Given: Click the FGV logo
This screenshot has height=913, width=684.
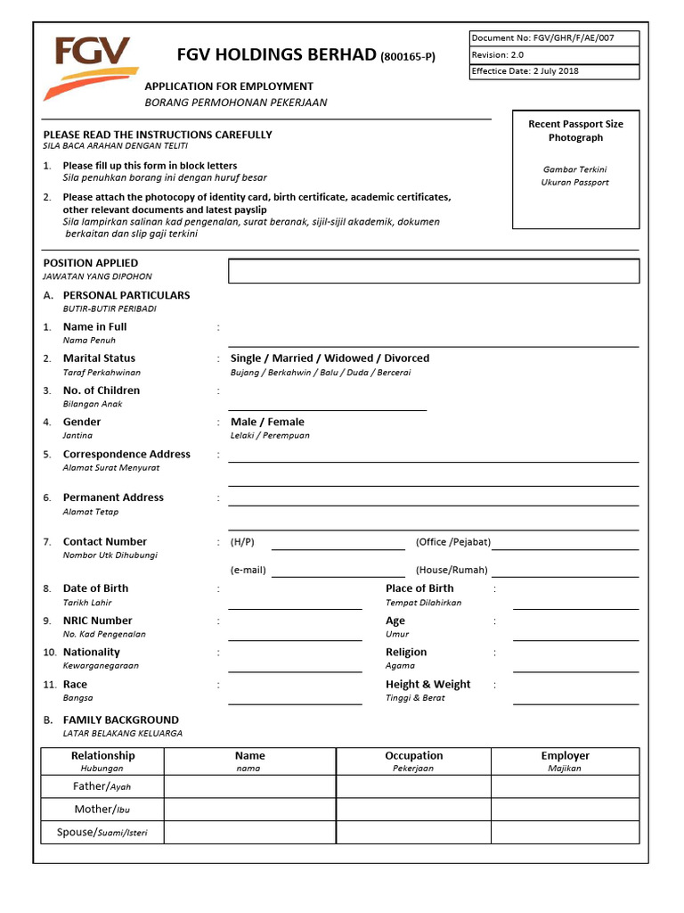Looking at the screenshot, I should [x=90, y=67].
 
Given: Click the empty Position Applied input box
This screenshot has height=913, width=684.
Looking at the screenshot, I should [x=434, y=271].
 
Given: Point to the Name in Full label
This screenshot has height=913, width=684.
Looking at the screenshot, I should [x=94, y=327].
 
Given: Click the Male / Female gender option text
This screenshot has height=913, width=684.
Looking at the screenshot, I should [x=267, y=422].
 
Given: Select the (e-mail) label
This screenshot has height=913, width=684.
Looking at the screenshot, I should [x=248, y=571].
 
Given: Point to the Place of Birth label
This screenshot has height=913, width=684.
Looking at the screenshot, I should [x=419, y=588].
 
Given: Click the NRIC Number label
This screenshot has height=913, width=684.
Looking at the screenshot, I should [x=97, y=621].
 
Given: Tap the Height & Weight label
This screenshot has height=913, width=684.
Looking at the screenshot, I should [x=427, y=685].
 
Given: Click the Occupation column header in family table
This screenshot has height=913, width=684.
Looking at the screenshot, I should [x=413, y=756].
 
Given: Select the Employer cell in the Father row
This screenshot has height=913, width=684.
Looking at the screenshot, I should [x=565, y=786].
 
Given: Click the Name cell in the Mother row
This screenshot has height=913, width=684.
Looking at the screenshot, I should [x=249, y=810].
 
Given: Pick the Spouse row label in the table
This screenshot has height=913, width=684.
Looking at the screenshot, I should [x=102, y=833].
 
